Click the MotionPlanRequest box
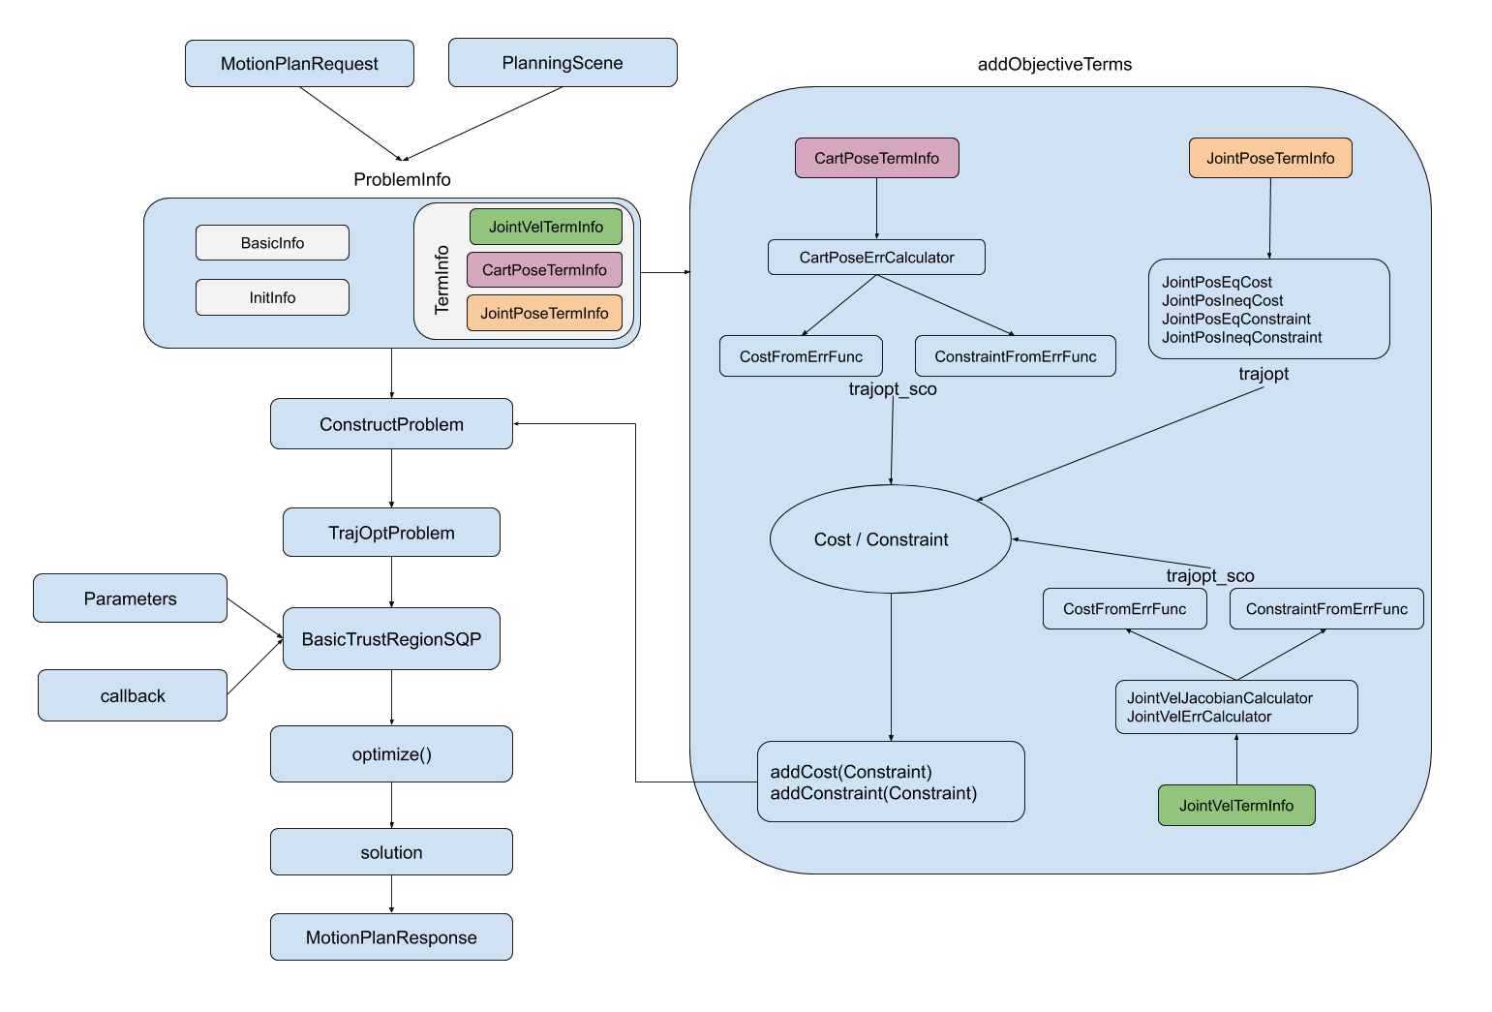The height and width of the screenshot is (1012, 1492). pyautogui.click(x=299, y=63)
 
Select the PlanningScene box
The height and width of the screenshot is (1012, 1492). pyautogui.click(x=563, y=63)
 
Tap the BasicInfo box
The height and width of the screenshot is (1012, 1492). pyautogui.click(x=272, y=242)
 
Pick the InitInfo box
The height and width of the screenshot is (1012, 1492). pyautogui.click(x=272, y=297)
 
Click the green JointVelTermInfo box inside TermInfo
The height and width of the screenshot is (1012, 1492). pyautogui.click(x=546, y=227)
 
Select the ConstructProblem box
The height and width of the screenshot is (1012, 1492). pyautogui.click(x=392, y=424)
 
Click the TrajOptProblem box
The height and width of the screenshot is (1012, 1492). pyautogui.click(x=392, y=533)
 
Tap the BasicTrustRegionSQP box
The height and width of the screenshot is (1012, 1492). pyautogui.click(x=392, y=638)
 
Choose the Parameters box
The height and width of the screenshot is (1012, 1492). pyautogui.click(x=131, y=598)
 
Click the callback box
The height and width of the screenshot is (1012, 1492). pyautogui.click(x=133, y=695)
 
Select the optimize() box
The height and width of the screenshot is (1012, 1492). pyautogui.click(x=392, y=753)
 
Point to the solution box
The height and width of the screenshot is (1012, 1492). pyautogui.click(x=392, y=851)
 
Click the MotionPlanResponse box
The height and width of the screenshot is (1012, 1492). pyautogui.click(x=392, y=936)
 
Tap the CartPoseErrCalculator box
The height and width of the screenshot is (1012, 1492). pyautogui.click(x=876, y=258)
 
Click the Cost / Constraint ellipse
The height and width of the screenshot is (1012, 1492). pyautogui.click(x=891, y=539)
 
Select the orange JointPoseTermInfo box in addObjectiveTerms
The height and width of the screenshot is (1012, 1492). pyautogui.click(x=1271, y=158)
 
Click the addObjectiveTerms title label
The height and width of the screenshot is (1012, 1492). pyautogui.click(x=1055, y=64)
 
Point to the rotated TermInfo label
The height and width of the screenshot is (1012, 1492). pyautogui.click(x=442, y=280)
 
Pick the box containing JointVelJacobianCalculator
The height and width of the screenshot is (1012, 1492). pyautogui.click(x=1237, y=707)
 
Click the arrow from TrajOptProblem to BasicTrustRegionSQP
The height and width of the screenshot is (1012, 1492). pyautogui.click(x=392, y=582)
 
